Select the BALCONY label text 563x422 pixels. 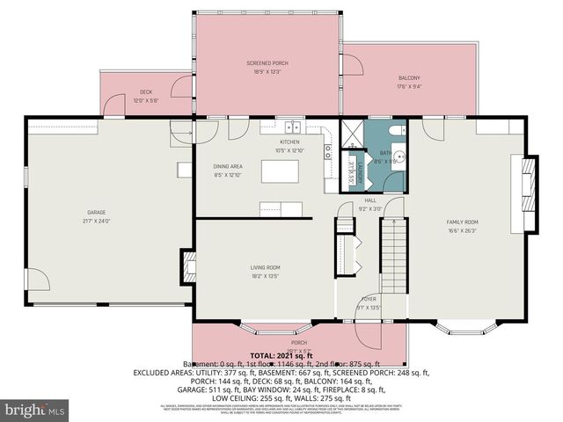[x=409, y=78]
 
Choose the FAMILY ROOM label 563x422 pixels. [x=462, y=222]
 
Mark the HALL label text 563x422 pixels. [x=370, y=200]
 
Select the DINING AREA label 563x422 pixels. [x=228, y=166]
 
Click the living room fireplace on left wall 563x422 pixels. [x=187, y=264]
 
